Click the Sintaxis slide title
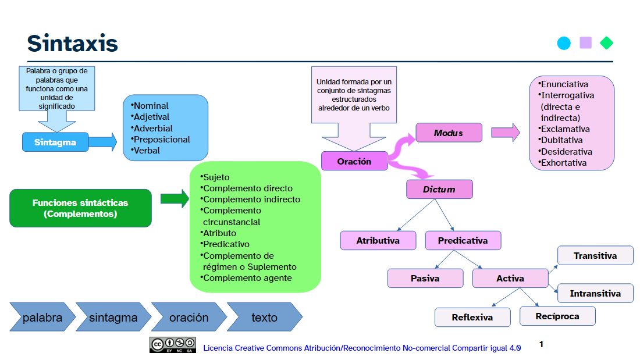coord(72,43)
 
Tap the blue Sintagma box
coord(55,142)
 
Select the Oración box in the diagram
coord(354,161)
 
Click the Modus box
coord(449,133)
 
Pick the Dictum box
coord(439,190)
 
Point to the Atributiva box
coord(378,240)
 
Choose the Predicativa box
coord(463,240)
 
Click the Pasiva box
coord(425,279)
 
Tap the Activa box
coord(510,279)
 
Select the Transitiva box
coord(595,255)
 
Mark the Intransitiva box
coord(595,294)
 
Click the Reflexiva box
coord(472,317)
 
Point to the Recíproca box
coord(557,316)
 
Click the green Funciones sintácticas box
coord(80,208)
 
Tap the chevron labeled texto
coord(265,317)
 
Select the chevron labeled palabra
coord(42,317)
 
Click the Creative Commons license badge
coord(173,345)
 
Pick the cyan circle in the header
coord(564,43)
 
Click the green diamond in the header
coord(606,43)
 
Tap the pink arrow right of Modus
coord(505,133)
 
